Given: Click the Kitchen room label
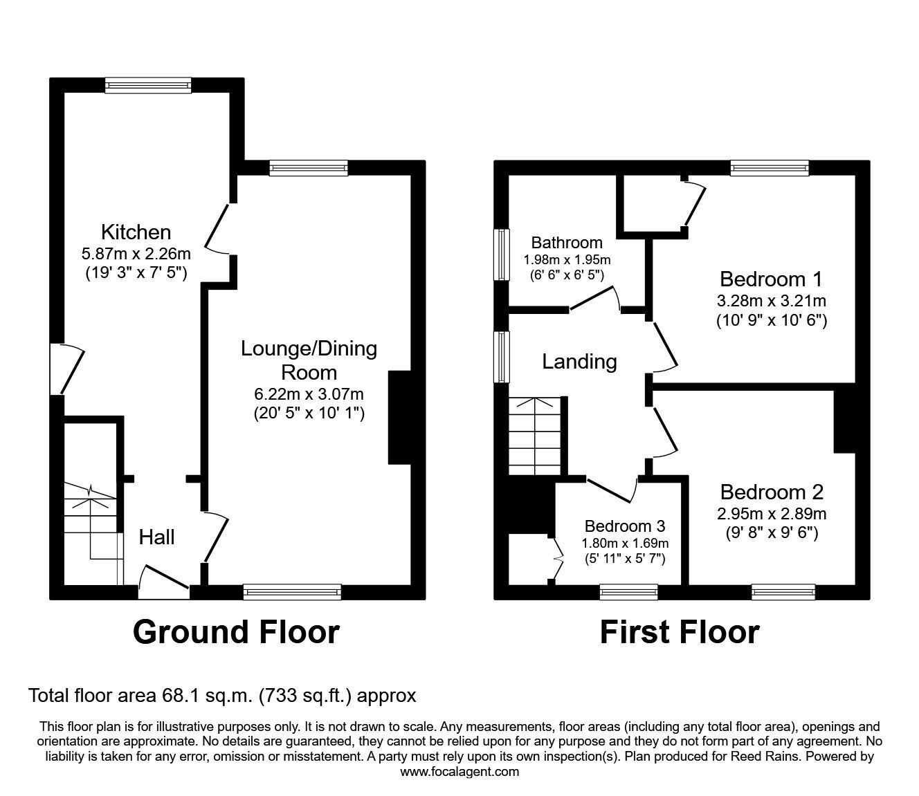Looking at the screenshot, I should (x=136, y=231).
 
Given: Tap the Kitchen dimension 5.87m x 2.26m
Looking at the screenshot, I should (x=136, y=252).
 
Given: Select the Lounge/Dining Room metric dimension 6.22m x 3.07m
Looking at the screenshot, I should (x=309, y=394).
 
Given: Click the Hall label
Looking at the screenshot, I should (x=157, y=537).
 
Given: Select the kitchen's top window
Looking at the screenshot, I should (x=148, y=84).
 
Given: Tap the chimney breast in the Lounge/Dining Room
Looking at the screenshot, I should (x=400, y=417).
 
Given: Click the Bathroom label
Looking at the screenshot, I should (x=567, y=243).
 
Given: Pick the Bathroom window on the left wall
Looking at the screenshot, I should (x=500, y=254).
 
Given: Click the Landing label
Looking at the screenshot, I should (x=579, y=361).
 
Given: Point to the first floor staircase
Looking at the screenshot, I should (x=534, y=436).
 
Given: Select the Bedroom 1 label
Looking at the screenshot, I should (x=771, y=279).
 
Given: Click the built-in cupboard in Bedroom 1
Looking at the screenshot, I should (x=650, y=204).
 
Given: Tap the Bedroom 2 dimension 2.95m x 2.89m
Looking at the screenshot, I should (x=772, y=514).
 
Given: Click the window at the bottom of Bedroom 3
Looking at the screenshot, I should (x=628, y=592).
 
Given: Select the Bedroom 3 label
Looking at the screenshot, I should (x=625, y=526).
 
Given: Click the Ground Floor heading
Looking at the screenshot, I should (x=236, y=631).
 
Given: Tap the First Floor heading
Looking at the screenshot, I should (x=679, y=631).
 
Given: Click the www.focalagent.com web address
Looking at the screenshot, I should (x=459, y=772).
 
